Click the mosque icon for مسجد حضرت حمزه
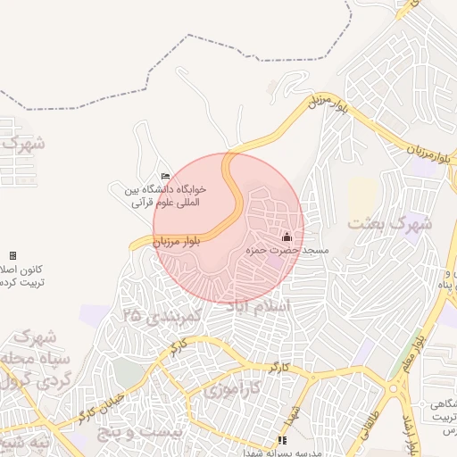(287, 237)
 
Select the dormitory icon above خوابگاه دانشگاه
(164, 176)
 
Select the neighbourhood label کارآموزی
(231, 389)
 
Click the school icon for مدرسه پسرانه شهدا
(282, 440)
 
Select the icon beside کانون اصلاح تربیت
(12, 255)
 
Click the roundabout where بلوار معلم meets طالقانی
(394, 388)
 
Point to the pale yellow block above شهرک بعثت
(361, 196)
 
